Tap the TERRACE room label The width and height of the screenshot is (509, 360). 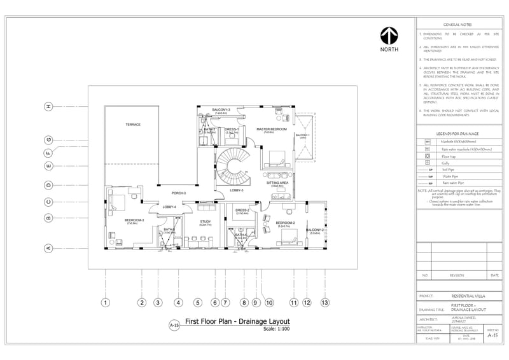click(x=132, y=124)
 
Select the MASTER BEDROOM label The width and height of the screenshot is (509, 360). click(x=269, y=128)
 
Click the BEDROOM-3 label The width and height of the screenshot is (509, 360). click(x=134, y=220)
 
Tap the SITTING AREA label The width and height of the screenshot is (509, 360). click(x=277, y=183)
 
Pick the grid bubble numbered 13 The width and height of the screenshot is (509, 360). click(x=325, y=303)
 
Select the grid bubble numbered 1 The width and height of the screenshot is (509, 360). click(x=106, y=303)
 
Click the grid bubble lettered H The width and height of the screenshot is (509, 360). click(x=48, y=106)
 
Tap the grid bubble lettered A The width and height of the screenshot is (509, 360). click(x=48, y=248)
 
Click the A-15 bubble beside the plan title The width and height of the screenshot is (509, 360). click(x=174, y=325)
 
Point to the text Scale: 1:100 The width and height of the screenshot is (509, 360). click(x=276, y=329)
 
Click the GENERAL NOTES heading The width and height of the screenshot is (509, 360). click(x=456, y=24)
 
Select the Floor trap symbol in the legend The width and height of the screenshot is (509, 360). click(x=428, y=156)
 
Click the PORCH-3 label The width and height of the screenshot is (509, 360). click(x=178, y=193)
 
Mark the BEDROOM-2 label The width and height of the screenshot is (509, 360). click(x=285, y=223)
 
